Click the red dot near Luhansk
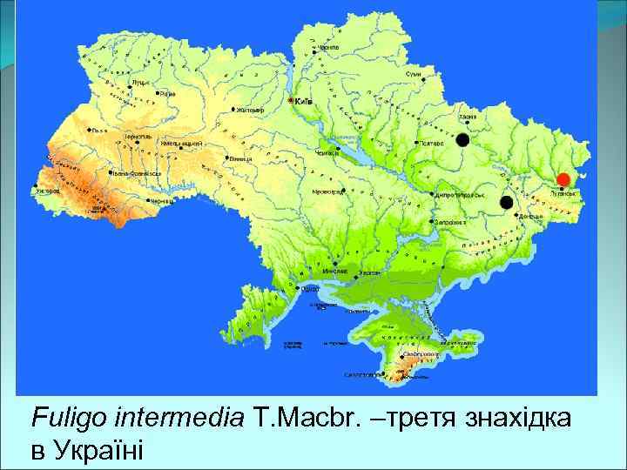click(x=563, y=179)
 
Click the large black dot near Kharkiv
click(x=463, y=139)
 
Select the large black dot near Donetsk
click(x=506, y=202)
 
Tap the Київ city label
click(x=304, y=102)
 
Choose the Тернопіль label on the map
click(x=137, y=137)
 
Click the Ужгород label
click(x=49, y=190)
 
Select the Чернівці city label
click(x=162, y=201)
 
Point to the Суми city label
click(x=425, y=76)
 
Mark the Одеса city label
click(x=309, y=288)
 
